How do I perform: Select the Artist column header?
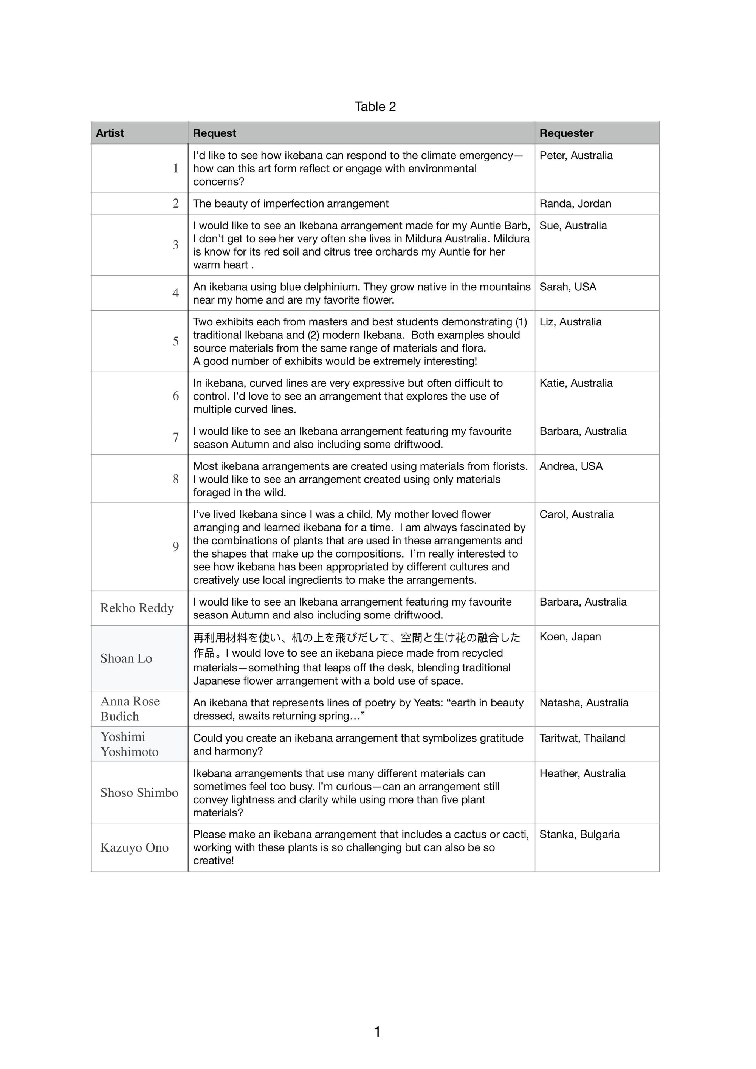tap(110, 133)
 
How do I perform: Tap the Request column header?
tap(214, 133)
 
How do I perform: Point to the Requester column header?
tap(566, 133)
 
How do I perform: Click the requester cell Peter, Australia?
tap(576, 155)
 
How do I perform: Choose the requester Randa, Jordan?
tap(575, 203)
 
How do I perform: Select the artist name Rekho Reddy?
tap(137, 608)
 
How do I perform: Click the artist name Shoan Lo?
tap(126, 658)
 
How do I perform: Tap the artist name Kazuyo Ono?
tap(134, 847)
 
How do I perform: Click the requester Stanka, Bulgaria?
tap(579, 834)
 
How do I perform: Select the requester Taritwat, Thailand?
tap(582, 738)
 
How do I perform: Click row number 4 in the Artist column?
tap(175, 293)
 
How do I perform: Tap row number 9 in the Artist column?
tap(175, 546)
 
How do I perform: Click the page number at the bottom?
tap(377, 1032)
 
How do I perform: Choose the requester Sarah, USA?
tap(567, 287)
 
